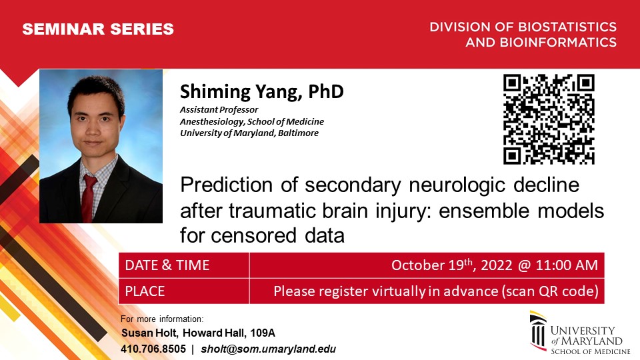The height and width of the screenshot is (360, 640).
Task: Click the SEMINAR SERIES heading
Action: [98, 29]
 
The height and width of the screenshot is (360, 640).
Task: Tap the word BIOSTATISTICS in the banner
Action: [567, 27]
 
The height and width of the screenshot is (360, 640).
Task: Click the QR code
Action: [549, 119]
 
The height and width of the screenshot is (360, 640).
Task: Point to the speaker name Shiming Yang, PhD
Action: [261, 91]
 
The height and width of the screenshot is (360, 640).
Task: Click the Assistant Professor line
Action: [219, 110]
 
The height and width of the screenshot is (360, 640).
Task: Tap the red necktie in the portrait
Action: [89, 199]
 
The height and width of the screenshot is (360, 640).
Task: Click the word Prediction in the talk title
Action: [227, 185]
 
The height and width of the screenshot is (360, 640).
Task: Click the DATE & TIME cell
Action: [167, 265]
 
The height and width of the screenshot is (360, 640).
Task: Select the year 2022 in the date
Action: [496, 265]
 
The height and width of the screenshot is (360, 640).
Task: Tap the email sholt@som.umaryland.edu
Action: [269, 349]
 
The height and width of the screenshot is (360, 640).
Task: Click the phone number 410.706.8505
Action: [153, 349]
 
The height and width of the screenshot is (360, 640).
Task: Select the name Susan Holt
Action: [149, 333]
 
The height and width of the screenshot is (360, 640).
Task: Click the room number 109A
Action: [263, 333]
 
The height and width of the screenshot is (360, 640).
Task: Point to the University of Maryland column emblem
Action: [538, 331]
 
